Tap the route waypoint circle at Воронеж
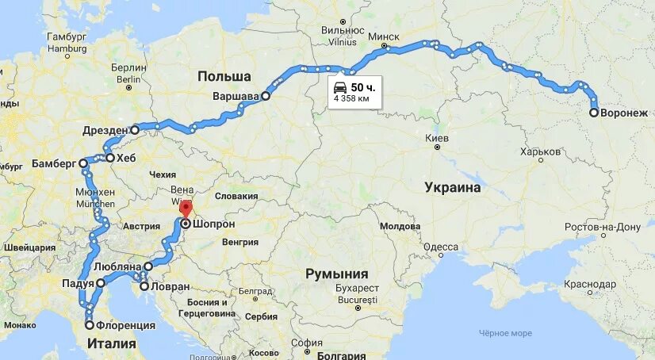point(594,113)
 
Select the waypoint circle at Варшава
point(266,96)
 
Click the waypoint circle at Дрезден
point(135,129)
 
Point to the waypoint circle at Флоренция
point(90,324)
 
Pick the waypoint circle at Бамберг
point(83,163)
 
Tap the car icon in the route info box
point(339,86)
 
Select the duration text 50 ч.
point(362,86)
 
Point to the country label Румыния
point(342,274)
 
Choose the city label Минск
point(384,36)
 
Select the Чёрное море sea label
point(505,333)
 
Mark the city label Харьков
point(541,151)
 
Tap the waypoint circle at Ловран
point(144,286)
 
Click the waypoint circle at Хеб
point(109,158)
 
